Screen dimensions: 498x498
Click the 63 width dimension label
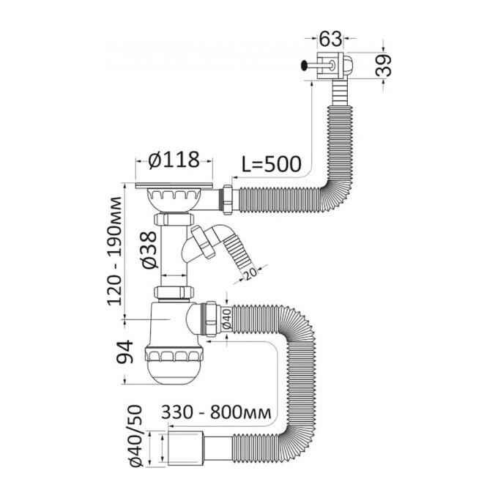coord(330,39)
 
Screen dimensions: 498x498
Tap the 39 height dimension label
coord(383,65)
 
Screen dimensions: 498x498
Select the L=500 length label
coord(272,164)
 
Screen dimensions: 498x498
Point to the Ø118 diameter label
coord(174,160)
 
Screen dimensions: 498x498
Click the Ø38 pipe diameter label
coord(149,250)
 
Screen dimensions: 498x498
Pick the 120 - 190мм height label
coord(114,251)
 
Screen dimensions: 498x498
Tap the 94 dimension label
coord(124,352)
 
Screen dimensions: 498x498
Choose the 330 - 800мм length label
coord(216,412)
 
